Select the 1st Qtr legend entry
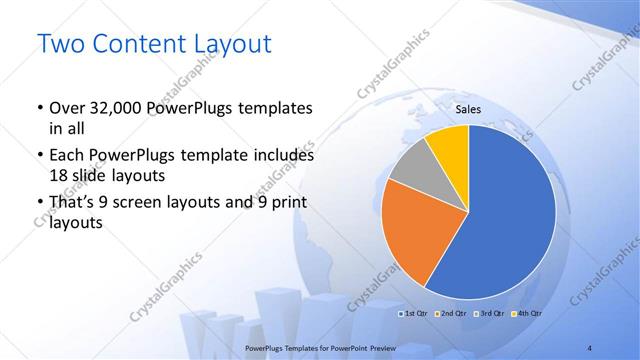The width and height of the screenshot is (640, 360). [416, 314]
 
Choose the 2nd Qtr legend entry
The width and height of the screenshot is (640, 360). [451, 314]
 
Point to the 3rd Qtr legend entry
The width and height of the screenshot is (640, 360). [488, 314]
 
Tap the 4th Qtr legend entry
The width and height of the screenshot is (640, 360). [525, 314]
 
